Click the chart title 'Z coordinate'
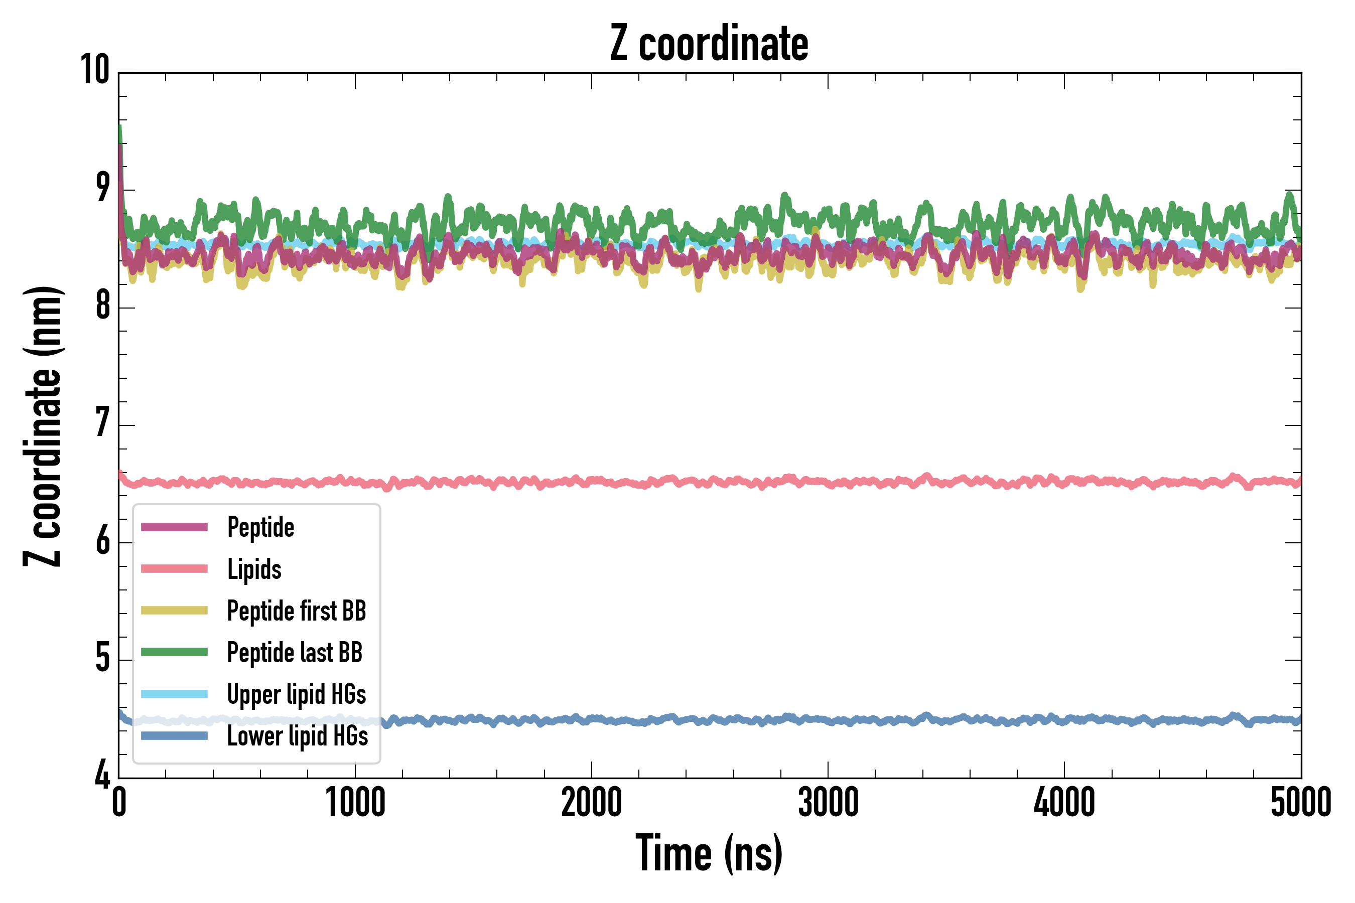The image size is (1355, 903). click(x=709, y=44)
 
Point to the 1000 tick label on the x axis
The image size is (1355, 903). click(x=355, y=802)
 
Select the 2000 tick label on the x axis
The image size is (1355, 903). click(x=592, y=802)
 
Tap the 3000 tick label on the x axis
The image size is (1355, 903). click(x=828, y=802)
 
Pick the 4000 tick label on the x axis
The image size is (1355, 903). click(x=1064, y=802)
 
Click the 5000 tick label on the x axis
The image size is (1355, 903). click(x=1301, y=802)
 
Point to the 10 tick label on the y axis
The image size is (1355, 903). click(x=95, y=70)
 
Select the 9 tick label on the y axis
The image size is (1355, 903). click(x=102, y=188)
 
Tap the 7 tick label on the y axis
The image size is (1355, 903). click(x=102, y=423)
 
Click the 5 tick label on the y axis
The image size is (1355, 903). click(x=102, y=658)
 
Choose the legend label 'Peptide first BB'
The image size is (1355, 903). click(x=296, y=611)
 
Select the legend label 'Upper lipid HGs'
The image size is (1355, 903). click(x=296, y=694)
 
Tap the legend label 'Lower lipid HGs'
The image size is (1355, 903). click(x=297, y=736)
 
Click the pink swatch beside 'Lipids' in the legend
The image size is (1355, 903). click(x=174, y=569)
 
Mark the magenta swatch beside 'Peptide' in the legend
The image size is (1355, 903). click(x=174, y=527)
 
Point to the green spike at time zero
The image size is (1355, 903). click(x=120, y=135)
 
